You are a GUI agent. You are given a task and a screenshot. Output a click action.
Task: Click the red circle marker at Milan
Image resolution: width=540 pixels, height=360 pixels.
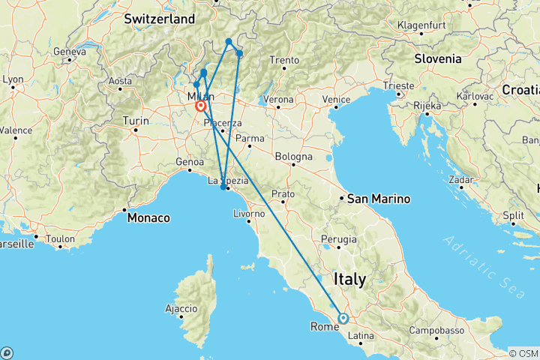click(x=201, y=106)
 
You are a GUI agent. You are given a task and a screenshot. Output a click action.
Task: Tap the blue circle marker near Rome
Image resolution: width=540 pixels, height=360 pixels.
click(x=343, y=318)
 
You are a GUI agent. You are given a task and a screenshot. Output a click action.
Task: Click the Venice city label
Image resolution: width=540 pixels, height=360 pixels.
click(x=337, y=100)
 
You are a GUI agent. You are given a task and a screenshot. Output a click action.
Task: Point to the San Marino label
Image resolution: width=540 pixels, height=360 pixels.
click(x=379, y=199)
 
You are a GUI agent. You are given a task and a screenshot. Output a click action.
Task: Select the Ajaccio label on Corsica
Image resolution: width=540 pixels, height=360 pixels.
click(x=181, y=308)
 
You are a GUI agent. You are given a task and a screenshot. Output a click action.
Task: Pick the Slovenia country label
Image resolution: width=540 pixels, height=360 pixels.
click(x=439, y=58)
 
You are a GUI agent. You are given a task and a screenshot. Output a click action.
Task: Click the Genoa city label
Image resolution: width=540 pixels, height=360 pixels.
click(x=190, y=162)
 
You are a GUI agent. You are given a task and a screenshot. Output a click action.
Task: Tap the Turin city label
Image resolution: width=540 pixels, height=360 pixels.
click(x=136, y=120)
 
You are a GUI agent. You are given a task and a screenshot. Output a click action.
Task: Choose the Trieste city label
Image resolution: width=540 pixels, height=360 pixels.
click(x=398, y=86)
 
